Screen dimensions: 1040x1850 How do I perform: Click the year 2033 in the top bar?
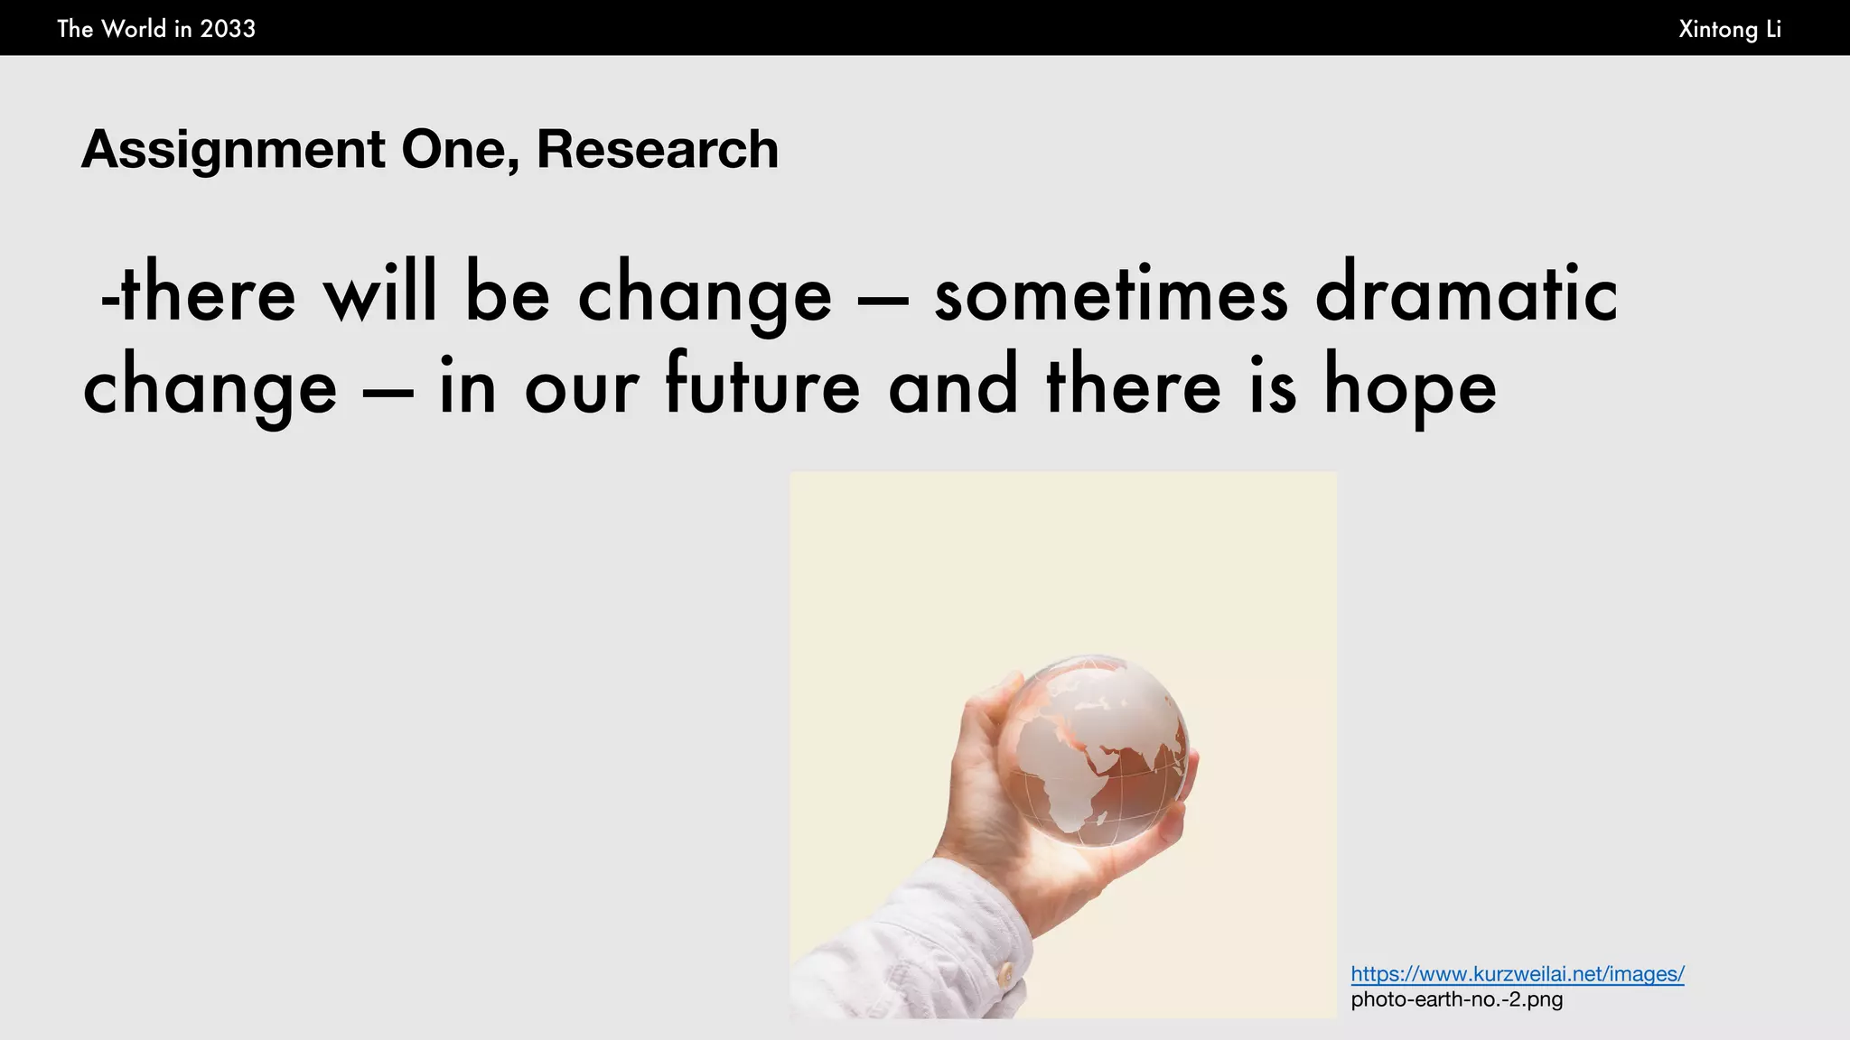228,29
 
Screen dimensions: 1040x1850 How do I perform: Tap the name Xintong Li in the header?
1729,29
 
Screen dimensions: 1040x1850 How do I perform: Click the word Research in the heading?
657,149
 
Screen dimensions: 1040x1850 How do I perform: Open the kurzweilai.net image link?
1517,974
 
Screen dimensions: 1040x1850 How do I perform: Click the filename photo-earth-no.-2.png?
1456,999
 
